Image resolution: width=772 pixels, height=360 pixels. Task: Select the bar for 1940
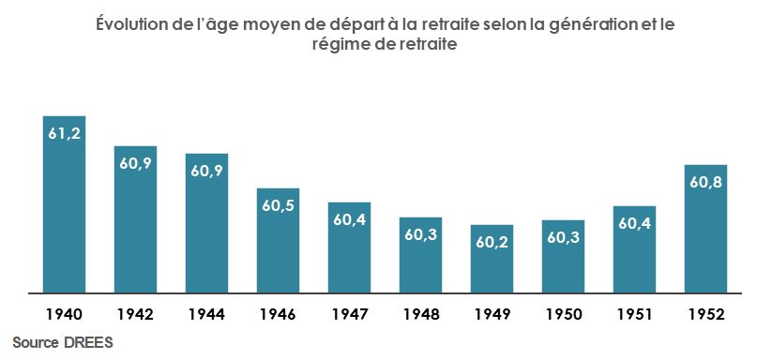[x=65, y=216]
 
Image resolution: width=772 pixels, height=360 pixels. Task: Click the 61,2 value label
[x=65, y=133]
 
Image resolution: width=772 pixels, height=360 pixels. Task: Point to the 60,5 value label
[x=279, y=205]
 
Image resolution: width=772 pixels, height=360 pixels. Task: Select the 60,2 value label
[x=492, y=242]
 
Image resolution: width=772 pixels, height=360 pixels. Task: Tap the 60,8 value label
[x=706, y=182]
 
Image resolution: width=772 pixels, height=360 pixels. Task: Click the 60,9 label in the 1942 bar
[x=136, y=163]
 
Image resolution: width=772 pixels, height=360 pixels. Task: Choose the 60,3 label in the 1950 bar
[x=564, y=237]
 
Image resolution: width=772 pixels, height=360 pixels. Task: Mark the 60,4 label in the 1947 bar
[x=350, y=219]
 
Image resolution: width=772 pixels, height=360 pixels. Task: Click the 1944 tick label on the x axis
[x=207, y=313]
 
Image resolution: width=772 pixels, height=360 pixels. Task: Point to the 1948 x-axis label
[x=421, y=313]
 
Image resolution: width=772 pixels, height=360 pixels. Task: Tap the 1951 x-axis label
[x=635, y=313]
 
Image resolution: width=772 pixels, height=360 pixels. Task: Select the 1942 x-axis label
[x=136, y=313]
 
